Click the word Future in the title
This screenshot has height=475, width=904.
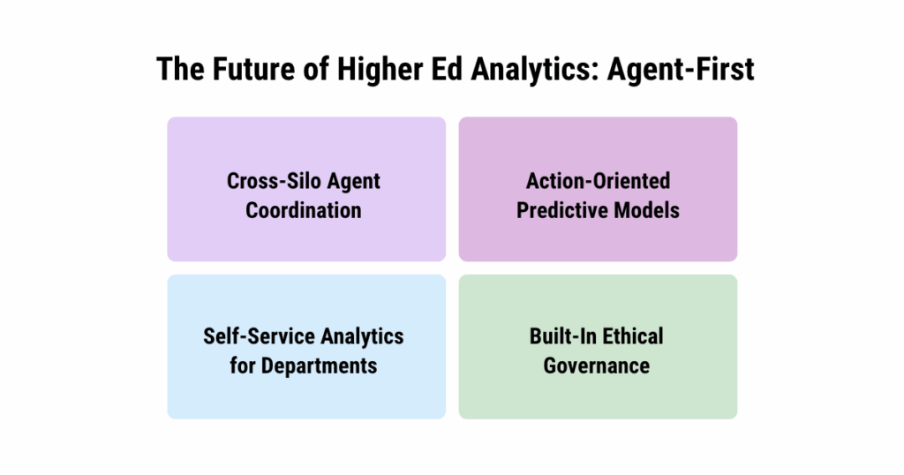pyautogui.click(x=251, y=69)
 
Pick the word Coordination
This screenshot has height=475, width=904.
pyautogui.click(x=304, y=210)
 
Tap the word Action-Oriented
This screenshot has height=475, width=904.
pyautogui.click(x=598, y=181)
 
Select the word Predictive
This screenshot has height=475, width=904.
pyautogui.click(x=561, y=210)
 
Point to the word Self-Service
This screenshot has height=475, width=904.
pyautogui.click(x=258, y=336)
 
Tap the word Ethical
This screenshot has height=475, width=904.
pyautogui.click(x=632, y=336)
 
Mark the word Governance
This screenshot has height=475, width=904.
pyautogui.click(x=597, y=365)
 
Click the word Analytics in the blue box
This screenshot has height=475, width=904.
pyautogui.click(x=362, y=336)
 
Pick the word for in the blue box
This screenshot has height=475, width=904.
pyautogui.click(x=242, y=365)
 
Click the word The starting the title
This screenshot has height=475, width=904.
pyautogui.click(x=178, y=69)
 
